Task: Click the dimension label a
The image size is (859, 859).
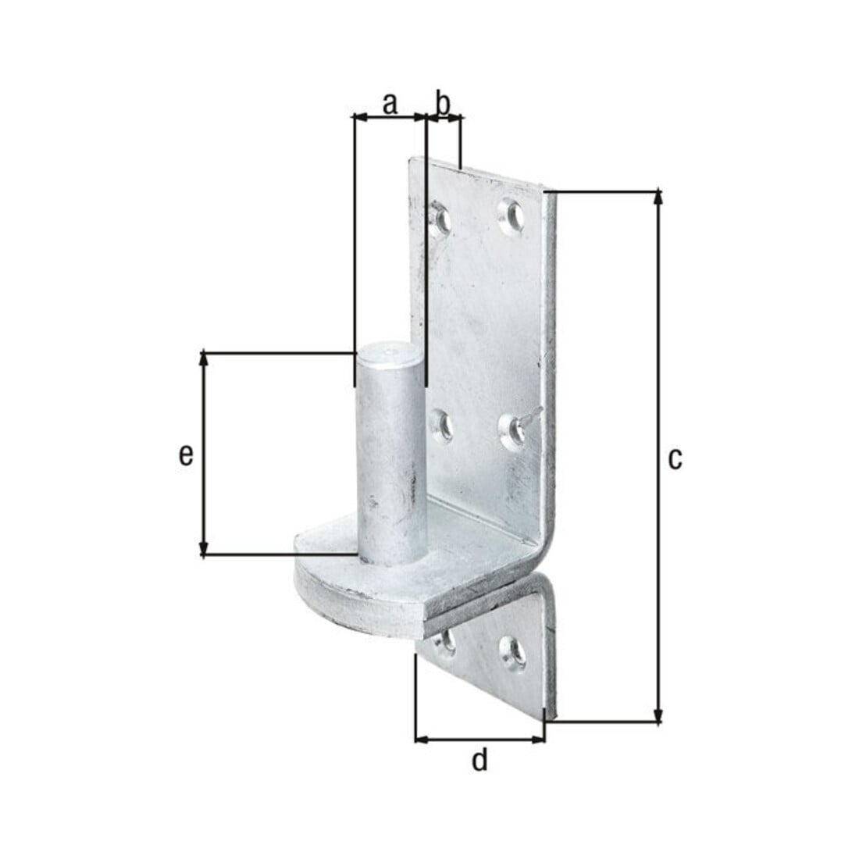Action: coord(389,104)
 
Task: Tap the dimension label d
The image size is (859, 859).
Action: coord(479,760)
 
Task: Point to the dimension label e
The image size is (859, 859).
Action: coord(187,454)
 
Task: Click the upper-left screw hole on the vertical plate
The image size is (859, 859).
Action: coord(440,218)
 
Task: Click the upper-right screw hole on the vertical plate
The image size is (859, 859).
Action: coord(511,215)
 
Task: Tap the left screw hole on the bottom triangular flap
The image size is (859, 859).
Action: coord(445,642)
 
